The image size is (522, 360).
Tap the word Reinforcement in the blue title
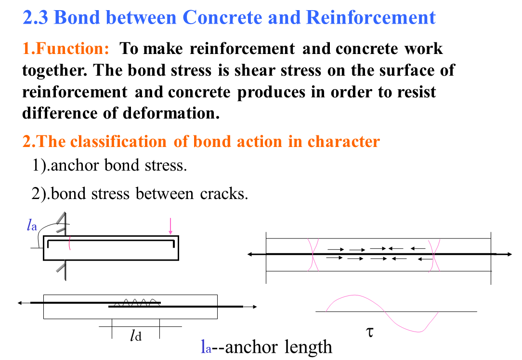[370, 18]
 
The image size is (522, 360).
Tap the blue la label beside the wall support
[32, 225]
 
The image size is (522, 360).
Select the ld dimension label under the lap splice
[135, 336]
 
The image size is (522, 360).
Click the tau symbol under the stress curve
[370, 332]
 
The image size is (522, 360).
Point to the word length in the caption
[308, 347]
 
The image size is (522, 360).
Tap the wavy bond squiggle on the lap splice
[139, 302]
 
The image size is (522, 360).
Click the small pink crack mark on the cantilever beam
[70, 242]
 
